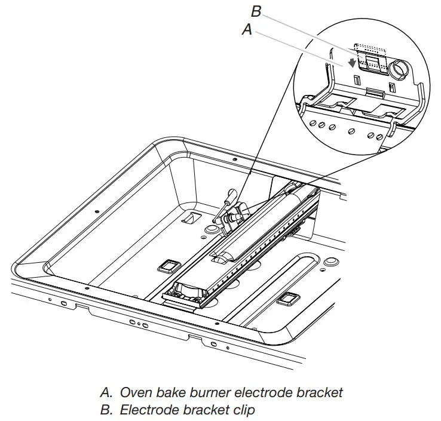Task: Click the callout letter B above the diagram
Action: [256, 12]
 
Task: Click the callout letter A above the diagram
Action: [247, 30]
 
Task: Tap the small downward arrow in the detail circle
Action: [352, 62]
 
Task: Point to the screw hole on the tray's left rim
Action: [96, 210]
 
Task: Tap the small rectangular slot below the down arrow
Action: [356, 79]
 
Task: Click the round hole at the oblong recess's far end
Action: [330, 262]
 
